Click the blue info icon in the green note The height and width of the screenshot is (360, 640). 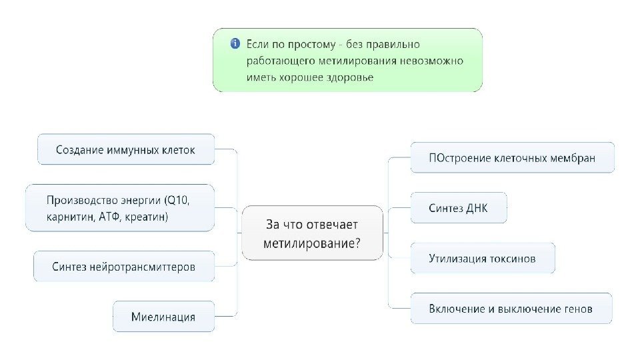[235, 44]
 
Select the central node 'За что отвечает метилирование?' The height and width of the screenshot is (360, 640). [313, 233]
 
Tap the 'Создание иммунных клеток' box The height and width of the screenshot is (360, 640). [125, 150]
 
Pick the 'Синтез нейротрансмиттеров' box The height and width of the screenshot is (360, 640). [124, 267]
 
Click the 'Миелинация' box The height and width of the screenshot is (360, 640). [163, 317]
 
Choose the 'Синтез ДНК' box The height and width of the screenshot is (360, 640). [458, 208]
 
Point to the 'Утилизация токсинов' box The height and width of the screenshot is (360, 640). [482, 258]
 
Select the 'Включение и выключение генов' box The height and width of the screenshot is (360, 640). [511, 309]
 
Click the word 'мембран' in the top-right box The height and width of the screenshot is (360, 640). [572, 159]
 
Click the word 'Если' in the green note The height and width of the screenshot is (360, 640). [258, 44]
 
